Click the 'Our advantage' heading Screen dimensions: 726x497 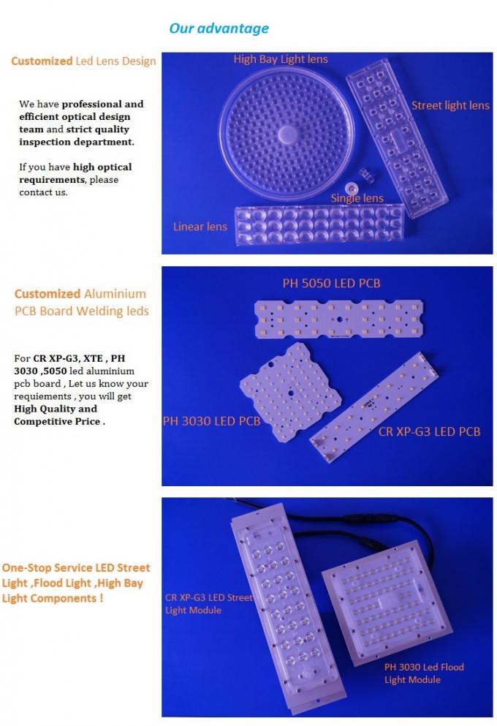(219, 29)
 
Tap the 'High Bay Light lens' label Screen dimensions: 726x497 (281, 59)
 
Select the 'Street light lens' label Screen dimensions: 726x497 (450, 106)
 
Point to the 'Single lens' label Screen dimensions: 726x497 (357, 198)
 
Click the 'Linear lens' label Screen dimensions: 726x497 (200, 227)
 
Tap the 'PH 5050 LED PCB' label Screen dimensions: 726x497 (331, 283)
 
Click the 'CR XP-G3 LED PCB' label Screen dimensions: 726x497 (429, 431)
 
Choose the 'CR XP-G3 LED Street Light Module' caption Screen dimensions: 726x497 (208, 603)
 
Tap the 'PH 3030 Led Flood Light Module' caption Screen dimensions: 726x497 (424, 673)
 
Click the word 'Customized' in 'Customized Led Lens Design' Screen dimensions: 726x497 (42, 61)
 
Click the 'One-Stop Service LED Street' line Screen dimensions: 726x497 (76, 567)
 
